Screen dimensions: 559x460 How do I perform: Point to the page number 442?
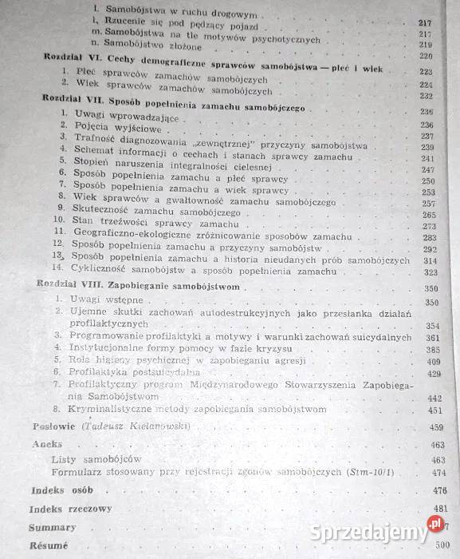[434, 398]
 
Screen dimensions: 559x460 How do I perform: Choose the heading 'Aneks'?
[46, 444]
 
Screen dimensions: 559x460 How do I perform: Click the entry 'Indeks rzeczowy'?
[70, 509]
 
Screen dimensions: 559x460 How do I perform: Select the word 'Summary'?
[53, 527]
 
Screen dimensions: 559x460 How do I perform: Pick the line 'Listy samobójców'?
[96, 459]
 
